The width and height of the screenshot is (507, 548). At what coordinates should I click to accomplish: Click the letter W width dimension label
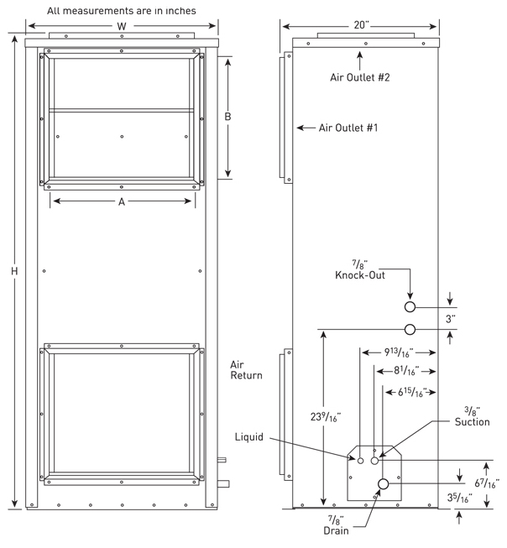(123, 26)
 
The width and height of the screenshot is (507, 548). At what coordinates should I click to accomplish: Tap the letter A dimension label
(122, 201)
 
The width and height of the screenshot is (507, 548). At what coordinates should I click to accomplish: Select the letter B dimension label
(227, 117)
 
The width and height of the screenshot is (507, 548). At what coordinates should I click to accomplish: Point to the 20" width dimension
(363, 26)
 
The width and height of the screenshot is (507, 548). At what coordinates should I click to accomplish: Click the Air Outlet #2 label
(359, 77)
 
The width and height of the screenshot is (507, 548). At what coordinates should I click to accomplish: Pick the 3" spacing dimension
(451, 319)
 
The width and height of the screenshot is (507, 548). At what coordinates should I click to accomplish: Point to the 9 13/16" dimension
(397, 352)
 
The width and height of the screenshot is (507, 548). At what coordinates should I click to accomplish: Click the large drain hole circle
(384, 483)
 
